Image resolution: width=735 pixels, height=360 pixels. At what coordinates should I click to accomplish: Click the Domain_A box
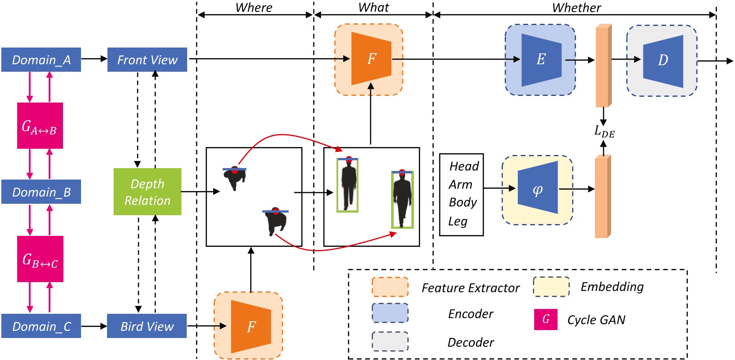(41, 59)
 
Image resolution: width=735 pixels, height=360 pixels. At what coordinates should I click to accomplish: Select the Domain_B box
(41, 192)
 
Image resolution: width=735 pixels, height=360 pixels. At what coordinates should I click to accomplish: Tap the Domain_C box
(41, 326)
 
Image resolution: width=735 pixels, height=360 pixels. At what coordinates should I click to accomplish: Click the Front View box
(147, 59)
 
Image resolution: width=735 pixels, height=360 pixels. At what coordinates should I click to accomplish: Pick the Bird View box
(147, 326)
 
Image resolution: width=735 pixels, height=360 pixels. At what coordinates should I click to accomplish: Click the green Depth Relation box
(147, 192)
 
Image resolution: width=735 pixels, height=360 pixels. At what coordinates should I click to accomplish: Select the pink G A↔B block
(40, 126)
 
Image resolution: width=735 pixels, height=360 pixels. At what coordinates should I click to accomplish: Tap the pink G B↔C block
(40, 259)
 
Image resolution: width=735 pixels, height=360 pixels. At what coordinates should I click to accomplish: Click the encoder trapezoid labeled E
(541, 59)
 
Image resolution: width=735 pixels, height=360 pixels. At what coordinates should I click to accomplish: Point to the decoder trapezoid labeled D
(663, 60)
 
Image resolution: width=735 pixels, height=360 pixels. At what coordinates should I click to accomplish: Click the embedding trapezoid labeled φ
(538, 190)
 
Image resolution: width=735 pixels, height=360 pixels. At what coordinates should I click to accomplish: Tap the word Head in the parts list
(464, 166)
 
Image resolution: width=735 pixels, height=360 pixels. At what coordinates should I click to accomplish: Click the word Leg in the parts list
(458, 221)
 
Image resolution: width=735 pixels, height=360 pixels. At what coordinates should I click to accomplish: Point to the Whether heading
(576, 7)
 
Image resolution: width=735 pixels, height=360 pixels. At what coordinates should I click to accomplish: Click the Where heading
(254, 7)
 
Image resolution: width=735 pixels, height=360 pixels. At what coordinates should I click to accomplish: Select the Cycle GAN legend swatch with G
(546, 319)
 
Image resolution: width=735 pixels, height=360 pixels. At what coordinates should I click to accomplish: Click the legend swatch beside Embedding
(551, 287)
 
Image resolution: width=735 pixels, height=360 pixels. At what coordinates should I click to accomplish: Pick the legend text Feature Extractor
(470, 288)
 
